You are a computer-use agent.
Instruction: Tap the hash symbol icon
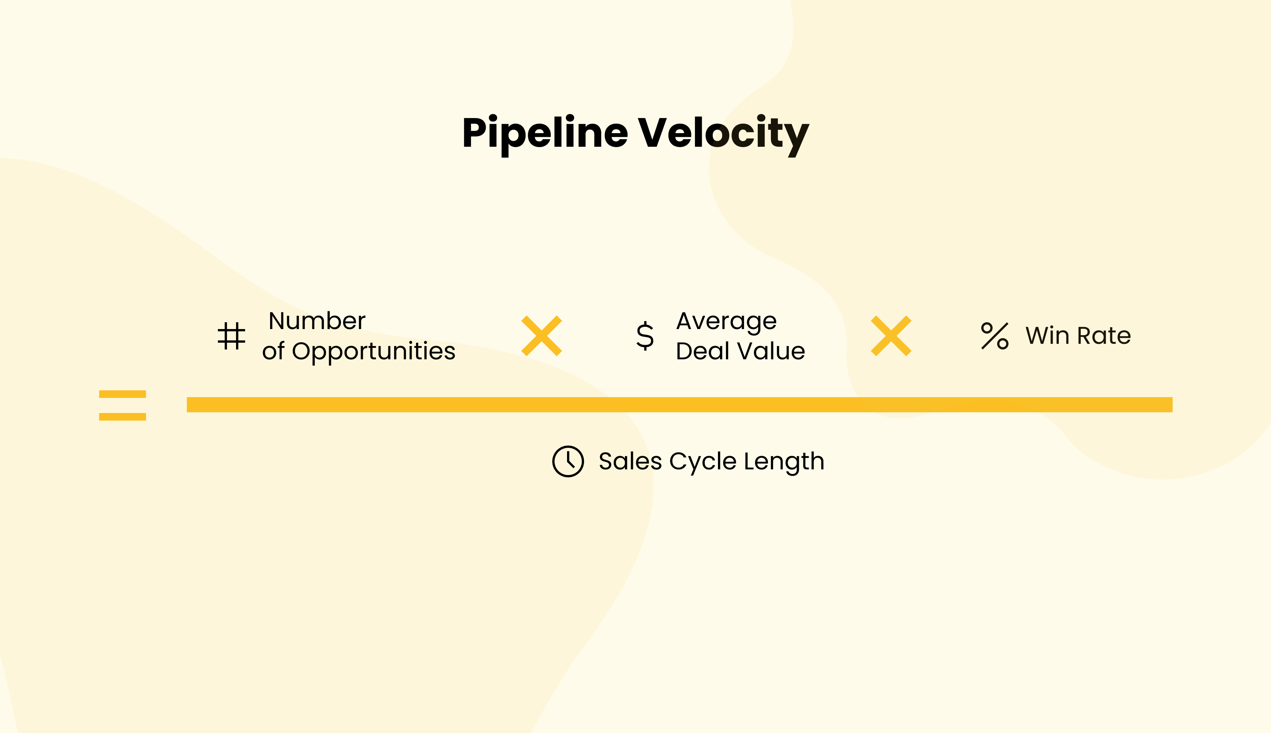click(x=232, y=336)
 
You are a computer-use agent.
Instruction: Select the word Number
click(x=317, y=321)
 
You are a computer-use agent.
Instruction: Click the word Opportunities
click(x=373, y=351)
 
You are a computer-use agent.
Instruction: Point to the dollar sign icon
click(x=645, y=336)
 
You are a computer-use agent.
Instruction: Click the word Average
click(x=726, y=321)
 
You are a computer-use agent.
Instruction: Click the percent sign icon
click(x=994, y=336)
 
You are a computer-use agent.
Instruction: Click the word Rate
click(x=1104, y=336)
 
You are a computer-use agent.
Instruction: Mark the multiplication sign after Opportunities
click(x=542, y=336)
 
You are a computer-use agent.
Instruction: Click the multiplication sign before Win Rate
click(x=891, y=336)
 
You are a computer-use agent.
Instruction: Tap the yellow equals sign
click(x=122, y=405)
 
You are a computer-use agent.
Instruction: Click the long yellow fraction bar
click(x=679, y=405)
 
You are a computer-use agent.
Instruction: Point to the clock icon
click(x=568, y=461)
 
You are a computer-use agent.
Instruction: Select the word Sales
click(x=630, y=461)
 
